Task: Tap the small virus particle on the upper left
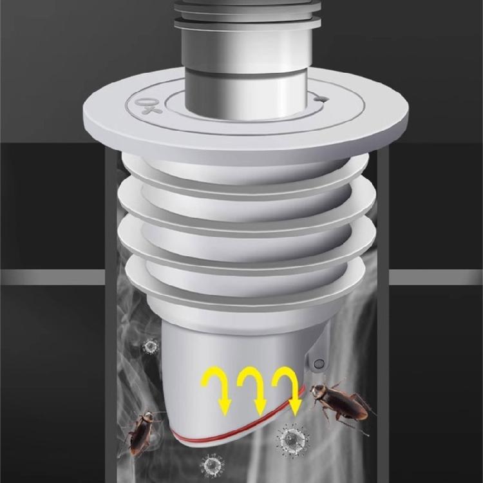[151, 347]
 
